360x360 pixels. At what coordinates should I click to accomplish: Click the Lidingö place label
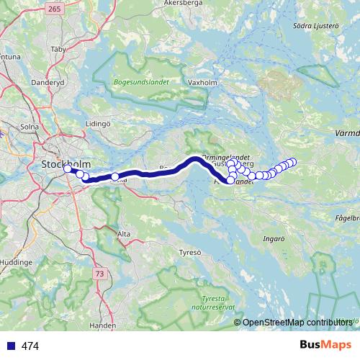coord(98,124)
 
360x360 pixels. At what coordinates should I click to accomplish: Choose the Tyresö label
coord(191,253)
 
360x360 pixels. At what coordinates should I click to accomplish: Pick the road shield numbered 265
coord(53,9)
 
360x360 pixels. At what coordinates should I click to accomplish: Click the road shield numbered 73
coord(99,274)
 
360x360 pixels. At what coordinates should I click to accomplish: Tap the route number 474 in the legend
coord(30,346)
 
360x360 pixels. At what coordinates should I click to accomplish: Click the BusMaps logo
coord(325,346)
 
